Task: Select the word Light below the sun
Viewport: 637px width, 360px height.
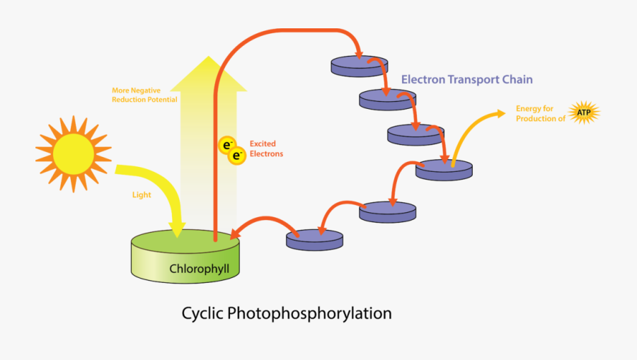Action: pos(142,194)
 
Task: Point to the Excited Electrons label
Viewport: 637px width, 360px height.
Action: pos(266,149)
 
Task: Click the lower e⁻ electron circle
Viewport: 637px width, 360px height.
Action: pos(236,156)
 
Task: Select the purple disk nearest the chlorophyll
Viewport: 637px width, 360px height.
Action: pos(314,239)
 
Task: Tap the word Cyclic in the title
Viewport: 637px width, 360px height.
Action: pos(203,313)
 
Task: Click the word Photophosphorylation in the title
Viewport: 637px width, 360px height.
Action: pos(310,313)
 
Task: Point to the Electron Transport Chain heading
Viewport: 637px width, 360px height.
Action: pos(467,79)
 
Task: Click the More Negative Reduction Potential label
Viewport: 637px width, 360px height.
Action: pos(144,95)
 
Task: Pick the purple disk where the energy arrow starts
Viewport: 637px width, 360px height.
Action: pos(444,169)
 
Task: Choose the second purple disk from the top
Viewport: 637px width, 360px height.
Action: pos(387,99)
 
